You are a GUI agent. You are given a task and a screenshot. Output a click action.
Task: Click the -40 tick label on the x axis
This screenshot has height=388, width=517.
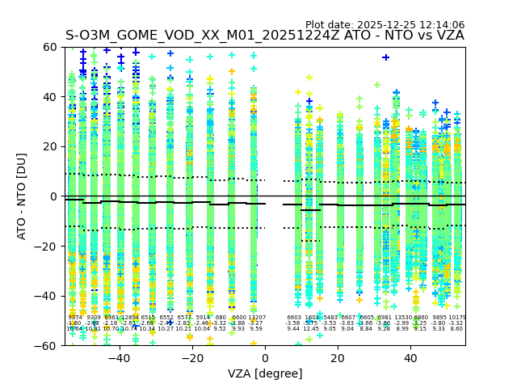coord(119,357)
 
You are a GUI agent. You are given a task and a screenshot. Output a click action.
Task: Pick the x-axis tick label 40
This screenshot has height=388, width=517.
coord(410,357)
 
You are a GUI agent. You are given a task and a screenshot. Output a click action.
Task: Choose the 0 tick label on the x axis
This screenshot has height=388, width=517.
coord(265,357)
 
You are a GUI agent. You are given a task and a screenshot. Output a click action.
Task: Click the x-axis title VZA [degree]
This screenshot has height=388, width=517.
coord(265,373)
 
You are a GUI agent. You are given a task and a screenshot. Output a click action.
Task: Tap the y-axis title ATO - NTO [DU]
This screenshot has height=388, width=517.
coord(22,196)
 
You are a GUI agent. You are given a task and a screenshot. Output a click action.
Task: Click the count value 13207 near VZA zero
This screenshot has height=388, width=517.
coord(256,318)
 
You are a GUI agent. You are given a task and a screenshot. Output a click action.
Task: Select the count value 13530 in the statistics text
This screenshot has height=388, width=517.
coord(402,318)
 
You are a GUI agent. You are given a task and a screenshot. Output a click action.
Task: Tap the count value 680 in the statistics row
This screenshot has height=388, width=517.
coord(221,318)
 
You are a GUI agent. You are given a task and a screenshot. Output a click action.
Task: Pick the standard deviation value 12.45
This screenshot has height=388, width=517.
coord(311,329)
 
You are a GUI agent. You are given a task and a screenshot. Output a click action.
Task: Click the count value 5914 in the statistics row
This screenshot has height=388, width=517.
coord(202,318)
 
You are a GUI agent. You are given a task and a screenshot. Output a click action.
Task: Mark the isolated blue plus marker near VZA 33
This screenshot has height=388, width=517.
coord(386,57)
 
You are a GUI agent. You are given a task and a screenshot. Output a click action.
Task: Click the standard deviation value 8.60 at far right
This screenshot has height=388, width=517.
coord(456,329)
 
